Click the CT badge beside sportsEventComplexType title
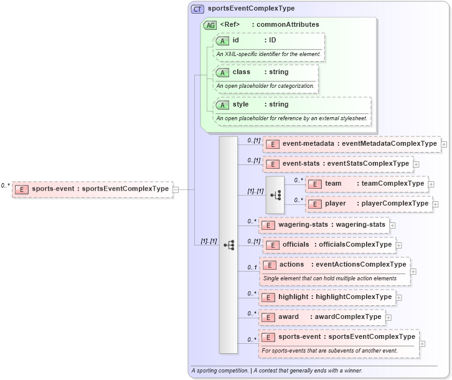[197, 9]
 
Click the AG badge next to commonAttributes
[210, 25]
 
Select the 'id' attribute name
[236, 40]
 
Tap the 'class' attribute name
[242, 72]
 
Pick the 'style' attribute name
[240, 105]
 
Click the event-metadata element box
[351, 144]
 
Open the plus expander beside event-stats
[416, 164]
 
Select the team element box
[367, 184]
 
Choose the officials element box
[329, 245]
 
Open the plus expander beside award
[388, 317]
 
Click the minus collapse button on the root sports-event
[176, 189]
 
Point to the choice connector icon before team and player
[275, 194]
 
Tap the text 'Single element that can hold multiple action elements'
[329, 278]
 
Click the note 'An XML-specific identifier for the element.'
[268, 54]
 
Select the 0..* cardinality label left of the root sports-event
[6, 186]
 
